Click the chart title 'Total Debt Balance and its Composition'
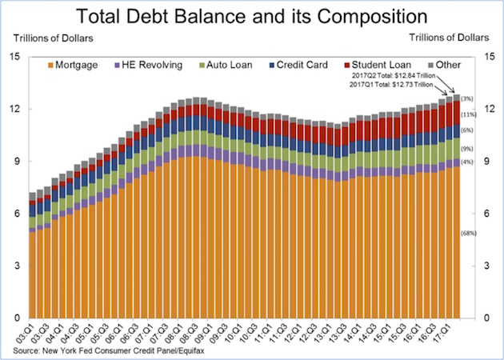252,15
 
